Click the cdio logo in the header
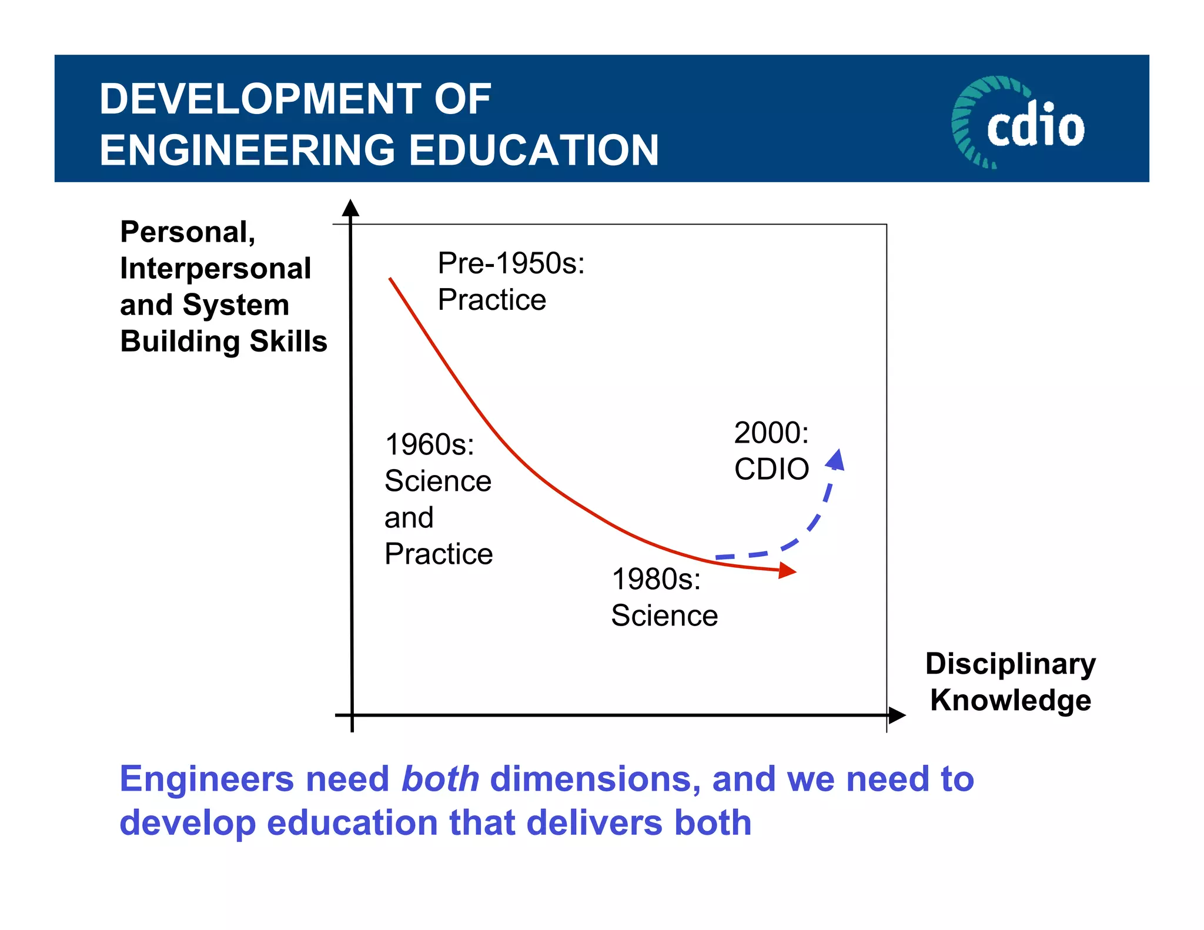[1019, 122]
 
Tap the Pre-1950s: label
[511, 263]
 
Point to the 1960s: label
[429, 444]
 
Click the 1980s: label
[656, 579]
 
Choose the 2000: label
[771, 433]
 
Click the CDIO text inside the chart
[771, 469]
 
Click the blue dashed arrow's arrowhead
[836, 460]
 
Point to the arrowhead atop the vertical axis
[350, 208]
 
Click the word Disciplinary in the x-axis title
[1010, 664]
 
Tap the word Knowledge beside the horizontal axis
[1010, 700]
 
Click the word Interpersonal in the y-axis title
[215, 269]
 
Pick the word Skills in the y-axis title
[288, 341]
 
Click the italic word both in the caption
[440, 779]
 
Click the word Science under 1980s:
[664, 615]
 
